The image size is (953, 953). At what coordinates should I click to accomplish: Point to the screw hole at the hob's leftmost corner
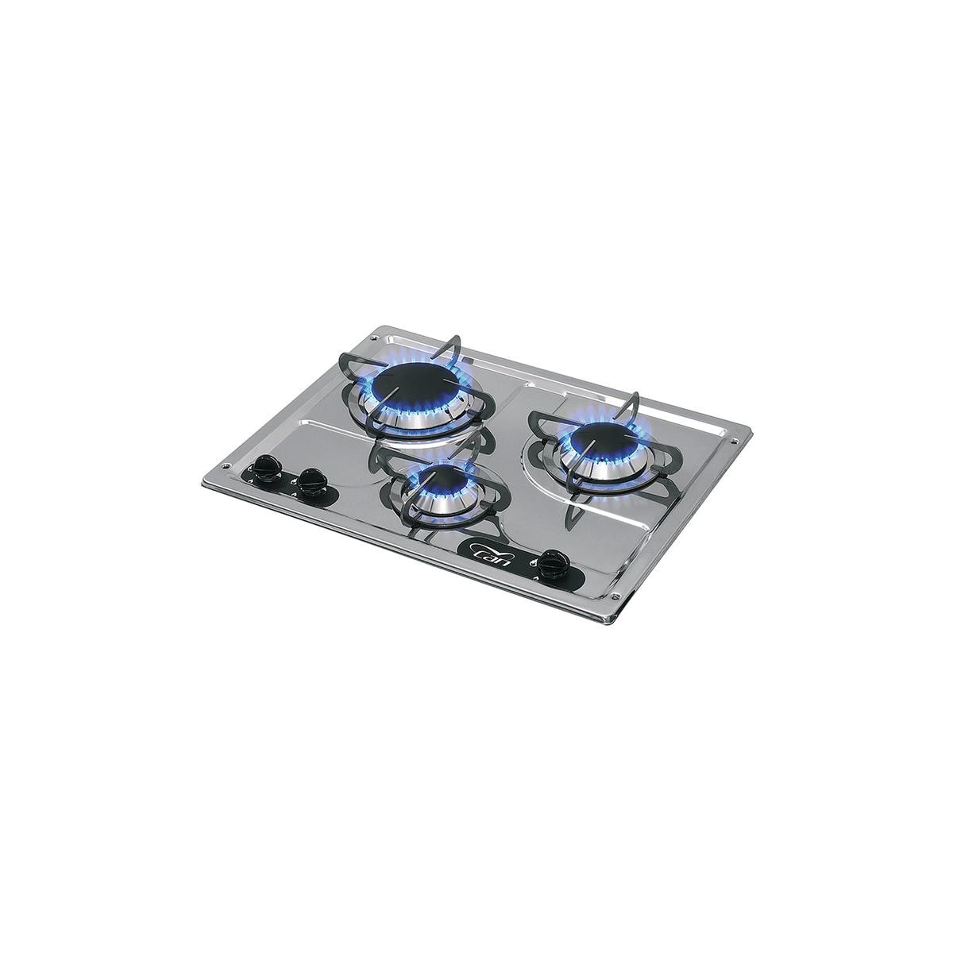coord(226,465)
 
